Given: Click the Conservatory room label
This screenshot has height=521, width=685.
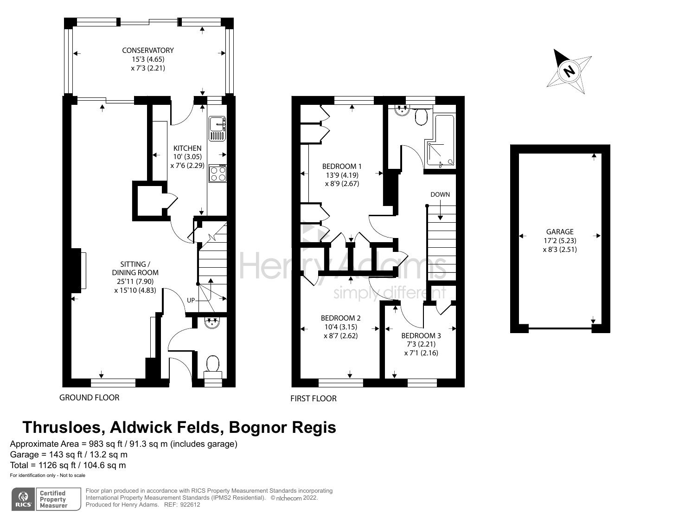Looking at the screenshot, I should [x=147, y=50].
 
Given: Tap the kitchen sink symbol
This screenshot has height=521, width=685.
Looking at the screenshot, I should [x=217, y=128].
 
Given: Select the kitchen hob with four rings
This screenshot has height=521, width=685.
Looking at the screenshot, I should [x=218, y=174].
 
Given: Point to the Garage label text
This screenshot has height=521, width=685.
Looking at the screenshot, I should [x=559, y=232].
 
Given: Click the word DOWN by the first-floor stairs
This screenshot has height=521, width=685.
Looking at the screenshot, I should [x=440, y=194].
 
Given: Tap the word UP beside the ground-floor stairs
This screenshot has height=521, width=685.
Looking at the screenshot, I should [x=191, y=300].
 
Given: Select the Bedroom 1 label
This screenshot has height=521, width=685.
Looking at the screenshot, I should [x=342, y=166].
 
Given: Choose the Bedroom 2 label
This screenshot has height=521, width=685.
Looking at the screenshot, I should [x=340, y=318].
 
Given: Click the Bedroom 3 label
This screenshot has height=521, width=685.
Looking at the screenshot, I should [x=421, y=335].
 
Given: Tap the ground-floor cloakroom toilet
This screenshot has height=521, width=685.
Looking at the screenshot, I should [x=213, y=364].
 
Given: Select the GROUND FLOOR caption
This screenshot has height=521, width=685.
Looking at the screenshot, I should [x=89, y=398].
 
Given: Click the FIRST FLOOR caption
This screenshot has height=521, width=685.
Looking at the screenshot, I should [x=313, y=399].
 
